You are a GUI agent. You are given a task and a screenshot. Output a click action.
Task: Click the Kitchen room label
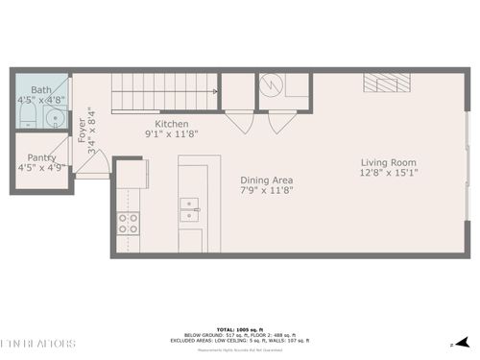(x=172, y=124)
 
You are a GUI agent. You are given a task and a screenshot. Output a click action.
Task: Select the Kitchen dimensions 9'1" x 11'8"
(x=172, y=134)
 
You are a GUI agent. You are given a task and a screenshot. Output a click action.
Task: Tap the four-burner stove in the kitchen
(x=128, y=224)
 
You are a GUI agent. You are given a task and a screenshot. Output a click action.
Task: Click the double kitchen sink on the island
(x=190, y=204)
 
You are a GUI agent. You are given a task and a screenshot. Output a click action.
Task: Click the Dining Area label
(x=266, y=180)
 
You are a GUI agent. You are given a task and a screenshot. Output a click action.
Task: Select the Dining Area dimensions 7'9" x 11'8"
(x=266, y=190)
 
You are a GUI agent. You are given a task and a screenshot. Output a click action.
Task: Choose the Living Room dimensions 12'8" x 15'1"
(x=388, y=173)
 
